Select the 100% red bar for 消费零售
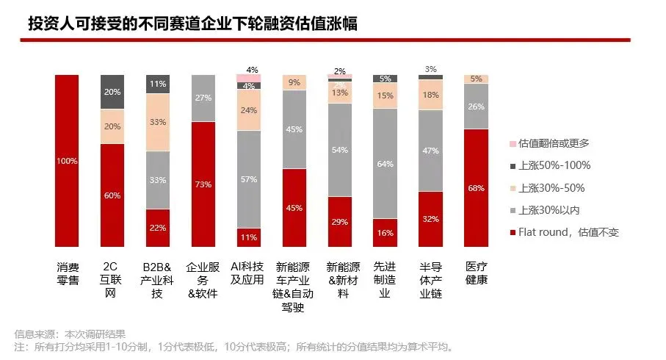pos(67,160)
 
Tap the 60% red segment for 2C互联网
pos(112,195)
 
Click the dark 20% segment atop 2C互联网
pos(112,92)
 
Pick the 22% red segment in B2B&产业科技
pos(158,228)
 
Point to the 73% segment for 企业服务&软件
pos(203,184)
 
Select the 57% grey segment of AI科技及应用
pos(249,179)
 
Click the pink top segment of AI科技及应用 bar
pos(249,78)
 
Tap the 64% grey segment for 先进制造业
pos(385,163)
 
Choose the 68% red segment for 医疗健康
pos(476,187)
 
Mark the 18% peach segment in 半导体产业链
pos(430,94)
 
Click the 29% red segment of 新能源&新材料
pos(339,221)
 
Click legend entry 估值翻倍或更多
pos(554,143)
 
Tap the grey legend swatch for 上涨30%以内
pos(512,210)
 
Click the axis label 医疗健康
pos(476,273)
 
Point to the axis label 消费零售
pos(67,273)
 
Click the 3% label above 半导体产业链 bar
pos(430,69)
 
